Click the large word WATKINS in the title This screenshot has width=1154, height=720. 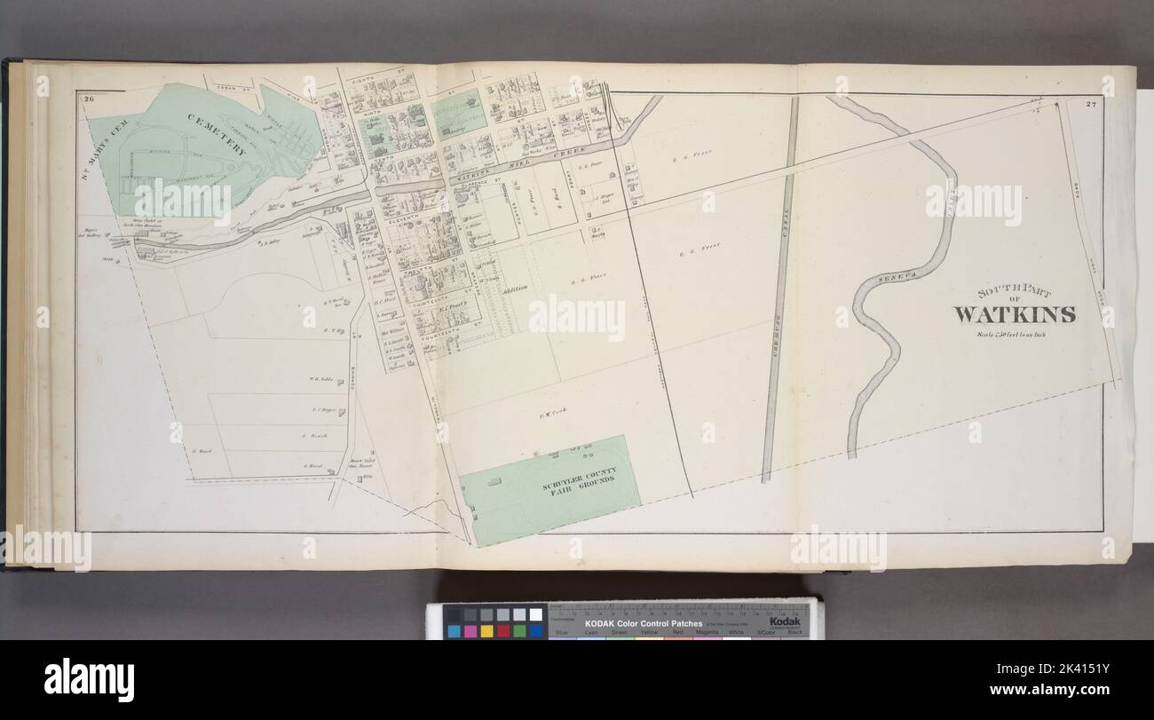[x=1015, y=314]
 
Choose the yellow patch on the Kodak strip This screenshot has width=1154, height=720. [x=486, y=631]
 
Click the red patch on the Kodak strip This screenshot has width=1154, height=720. [x=503, y=631]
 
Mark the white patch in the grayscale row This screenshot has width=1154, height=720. [x=535, y=614]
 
